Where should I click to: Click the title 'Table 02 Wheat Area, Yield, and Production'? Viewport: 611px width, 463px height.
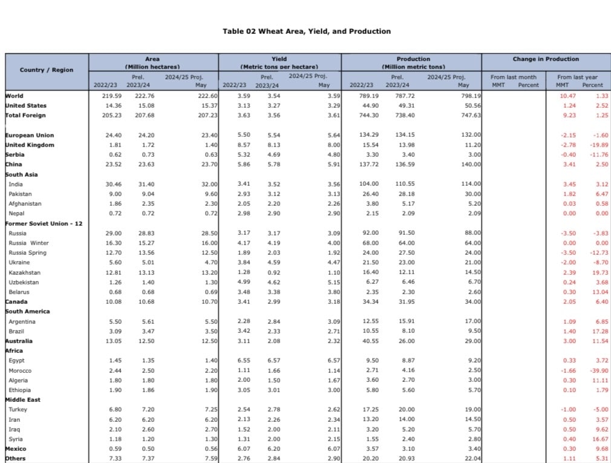tap(307, 31)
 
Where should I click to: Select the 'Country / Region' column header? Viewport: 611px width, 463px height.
tap(47, 70)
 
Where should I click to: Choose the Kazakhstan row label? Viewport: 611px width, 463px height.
tap(25, 272)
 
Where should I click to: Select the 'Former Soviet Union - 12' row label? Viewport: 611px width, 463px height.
tap(44, 223)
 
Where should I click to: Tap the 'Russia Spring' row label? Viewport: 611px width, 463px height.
tap(28, 253)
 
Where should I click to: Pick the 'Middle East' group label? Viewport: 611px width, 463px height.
tap(24, 400)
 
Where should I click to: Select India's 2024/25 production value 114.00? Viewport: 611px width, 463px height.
tap(472, 184)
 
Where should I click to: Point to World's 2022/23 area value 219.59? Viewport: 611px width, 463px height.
tap(103, 96)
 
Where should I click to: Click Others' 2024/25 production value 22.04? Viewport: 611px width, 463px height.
tap(472, 459)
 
